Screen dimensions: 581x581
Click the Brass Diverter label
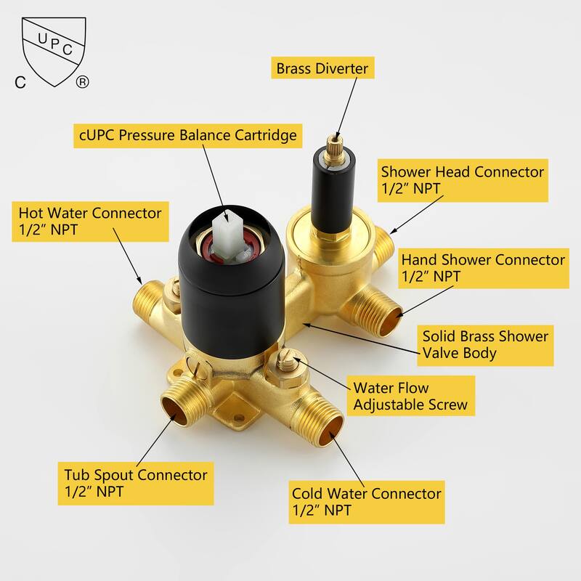pos(322,68)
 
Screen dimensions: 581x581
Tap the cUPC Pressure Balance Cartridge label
pos(188,135)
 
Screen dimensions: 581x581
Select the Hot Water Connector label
pos(90,222)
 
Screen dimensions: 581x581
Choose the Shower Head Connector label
pos(463,180)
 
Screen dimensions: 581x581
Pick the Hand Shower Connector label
pos(484,268)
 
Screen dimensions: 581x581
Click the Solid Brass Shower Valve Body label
pos(485,346)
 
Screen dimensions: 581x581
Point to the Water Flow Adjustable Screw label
pos(410,396)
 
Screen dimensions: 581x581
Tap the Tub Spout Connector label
pos(136,483)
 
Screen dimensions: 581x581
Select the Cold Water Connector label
pos(367,502)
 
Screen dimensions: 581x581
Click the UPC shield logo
pos(54,51)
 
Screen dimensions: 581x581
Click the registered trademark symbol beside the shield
pos(82,81)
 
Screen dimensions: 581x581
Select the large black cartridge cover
pos(231,288)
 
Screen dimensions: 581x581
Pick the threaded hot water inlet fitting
pos(148,301)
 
